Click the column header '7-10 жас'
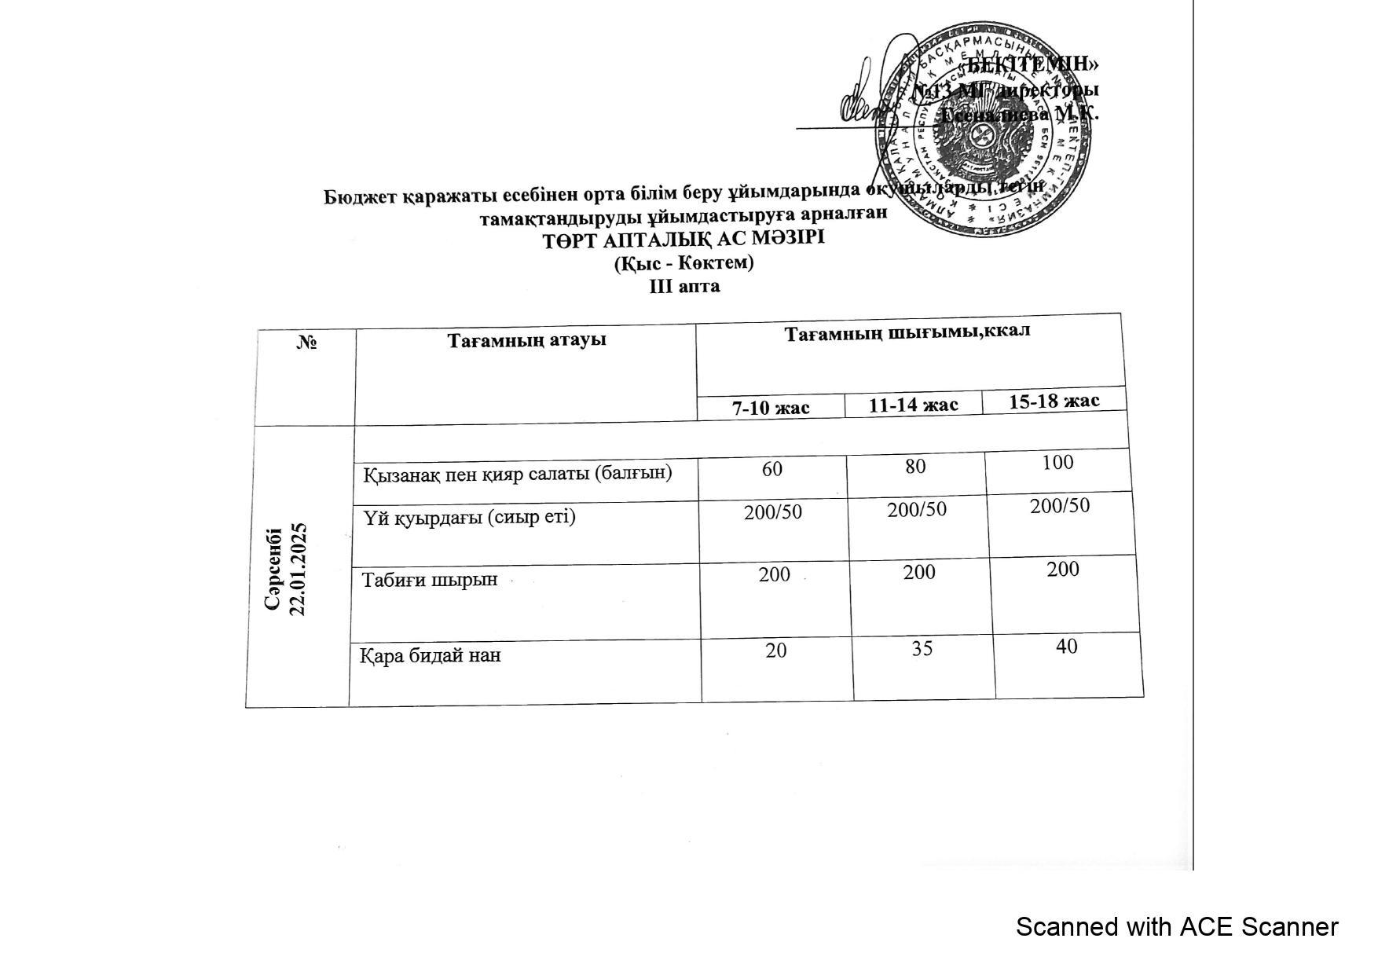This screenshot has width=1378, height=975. coord(771,408)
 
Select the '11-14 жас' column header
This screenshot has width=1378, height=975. coord(913,405)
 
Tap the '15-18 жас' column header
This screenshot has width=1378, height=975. coord(1054,401)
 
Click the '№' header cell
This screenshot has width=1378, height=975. coord(307,342)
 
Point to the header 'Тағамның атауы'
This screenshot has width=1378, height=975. coord(526,340)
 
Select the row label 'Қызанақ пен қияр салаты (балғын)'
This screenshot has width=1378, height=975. coord(518,474)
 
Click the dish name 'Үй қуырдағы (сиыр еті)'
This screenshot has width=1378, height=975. coord(469,517)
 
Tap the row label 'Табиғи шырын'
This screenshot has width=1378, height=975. coord(430,580)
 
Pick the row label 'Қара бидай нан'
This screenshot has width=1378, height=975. coord(431,654)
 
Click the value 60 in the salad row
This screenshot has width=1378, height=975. coord(772,469)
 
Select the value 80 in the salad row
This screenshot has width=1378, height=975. coord(915,466)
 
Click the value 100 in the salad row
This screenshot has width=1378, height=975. coord(1057,462)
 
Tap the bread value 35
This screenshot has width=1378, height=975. coord(922,648)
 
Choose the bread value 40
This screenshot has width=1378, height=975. coord(1066,646)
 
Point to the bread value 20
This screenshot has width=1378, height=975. coord(776,650)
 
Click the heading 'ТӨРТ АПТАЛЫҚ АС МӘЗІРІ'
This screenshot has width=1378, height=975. coord(684,237)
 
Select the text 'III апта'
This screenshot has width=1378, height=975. coord(684,286)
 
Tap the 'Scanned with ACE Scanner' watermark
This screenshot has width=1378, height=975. coord(1176,927)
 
